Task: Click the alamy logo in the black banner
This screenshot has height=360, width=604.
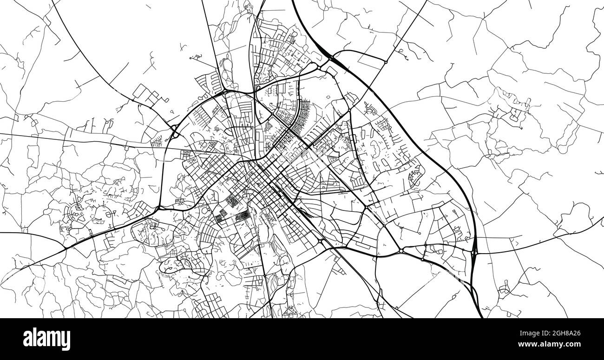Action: [47, 339]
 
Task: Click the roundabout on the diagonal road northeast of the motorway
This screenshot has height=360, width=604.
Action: [386, 62]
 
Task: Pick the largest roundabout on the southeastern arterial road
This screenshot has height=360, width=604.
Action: [401, 251]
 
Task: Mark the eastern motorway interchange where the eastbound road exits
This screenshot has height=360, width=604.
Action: [474, 253]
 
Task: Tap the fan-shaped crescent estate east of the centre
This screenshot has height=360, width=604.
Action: [413, 176]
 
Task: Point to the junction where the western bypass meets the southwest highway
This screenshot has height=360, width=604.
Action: [159, 208]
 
